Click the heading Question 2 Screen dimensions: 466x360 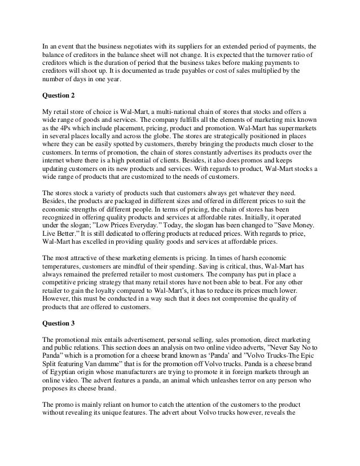pyautogui.click(x=62, y=94)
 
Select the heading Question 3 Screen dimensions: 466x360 pyautogui.click(x=62, y=323)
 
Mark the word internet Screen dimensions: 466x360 pyautogui.click(x=55, y=161)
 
